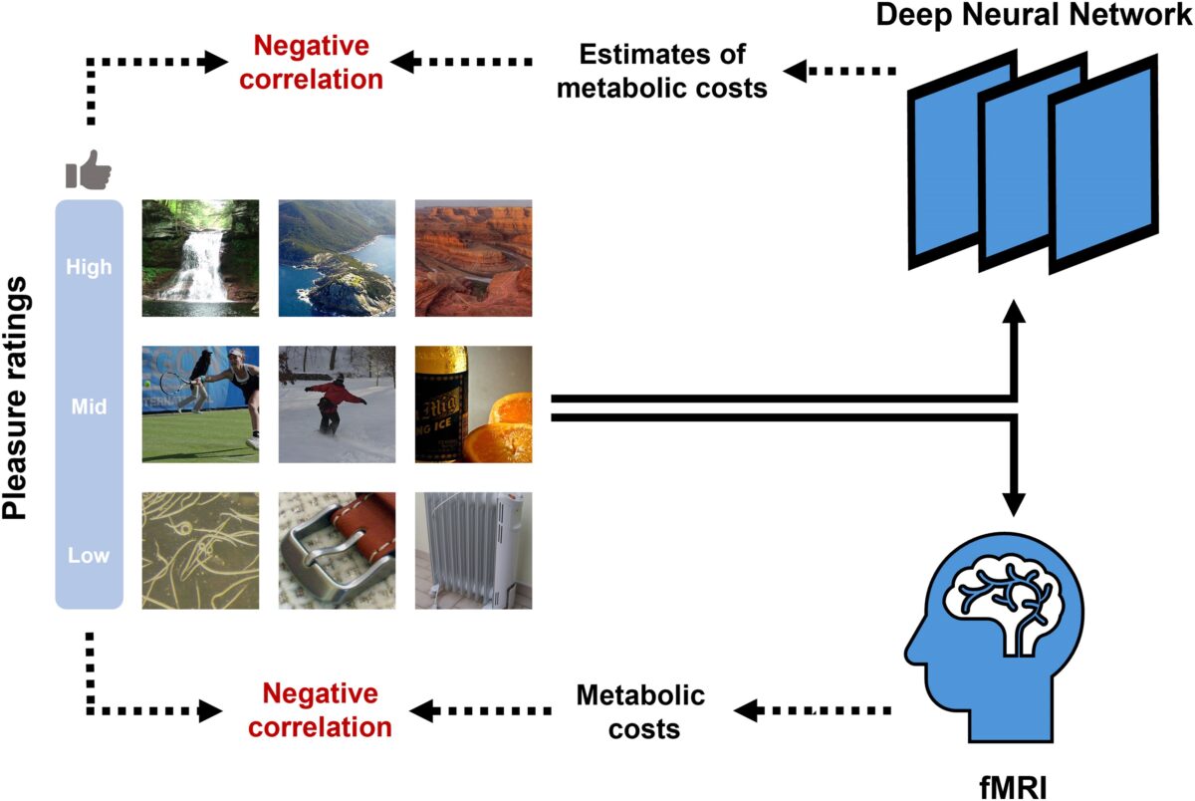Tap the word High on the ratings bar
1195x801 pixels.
pyautogui.click(x=89, y=267)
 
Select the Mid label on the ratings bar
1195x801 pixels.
pyautogui.click(x=89, y=406)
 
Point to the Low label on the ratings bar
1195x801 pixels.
pyautogui.click(x=89, y=555)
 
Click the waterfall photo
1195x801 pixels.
pyautogui.click(x=200, y=258)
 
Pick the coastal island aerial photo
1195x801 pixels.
pyautogui.click(x=337, y=258)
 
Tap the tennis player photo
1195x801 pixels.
pyautogui.click(x=200, y=404)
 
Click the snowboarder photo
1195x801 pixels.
pyautogui.click(x=337, y=404)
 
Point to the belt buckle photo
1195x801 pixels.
pyautogui.click(x=337, y=550)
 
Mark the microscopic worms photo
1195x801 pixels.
pyautogui.click(x=200, y=550)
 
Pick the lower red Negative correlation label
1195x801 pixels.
pyautogui.click(x=320, y=709)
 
